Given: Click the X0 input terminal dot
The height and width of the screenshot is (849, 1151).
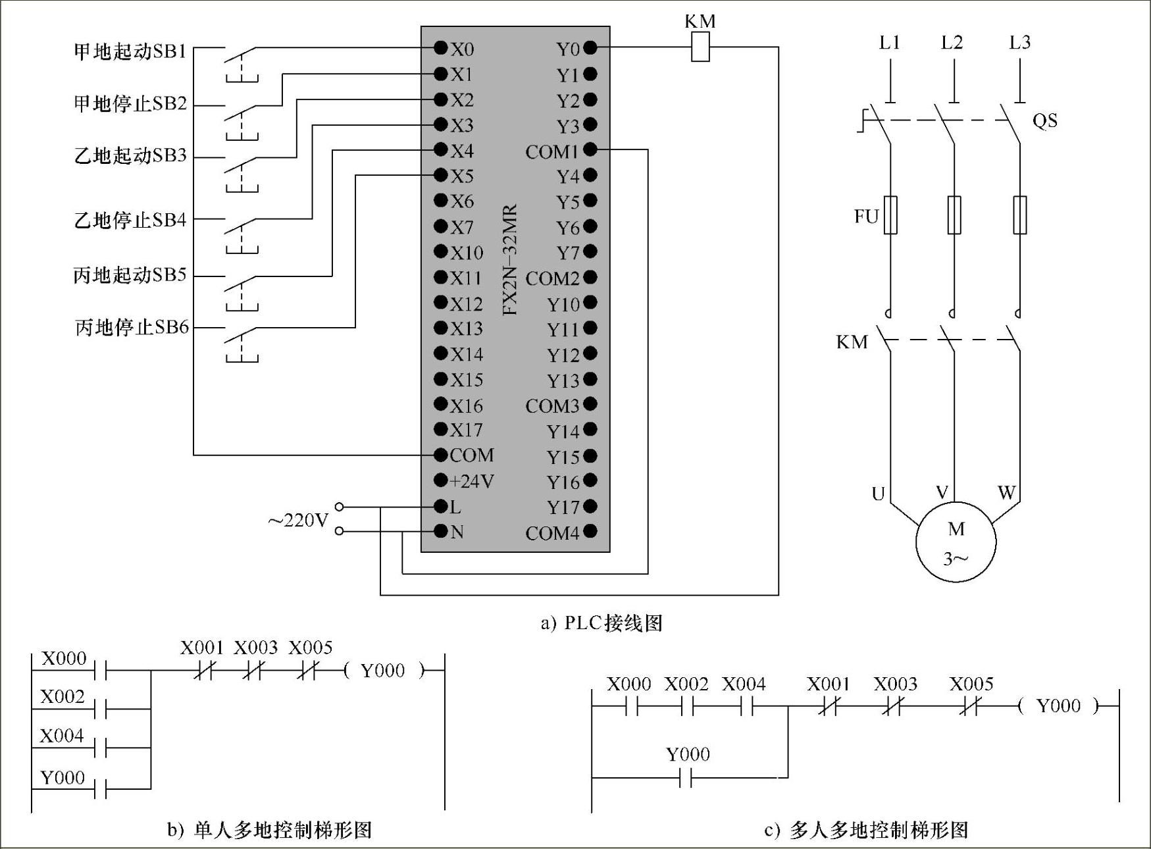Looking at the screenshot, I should pyautogui.click(x=441, y=47).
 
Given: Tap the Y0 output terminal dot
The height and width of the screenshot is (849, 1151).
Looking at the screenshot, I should pyautogui.click(x=590, y=47).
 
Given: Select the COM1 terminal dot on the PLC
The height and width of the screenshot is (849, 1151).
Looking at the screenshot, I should pyautogui.click(x=590, y=150).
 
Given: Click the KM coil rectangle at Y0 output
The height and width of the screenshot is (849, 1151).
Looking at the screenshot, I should pyautogui.click(x=700, y=47).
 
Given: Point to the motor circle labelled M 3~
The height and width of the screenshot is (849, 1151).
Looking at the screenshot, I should pyautogui.click(x=956, y=542).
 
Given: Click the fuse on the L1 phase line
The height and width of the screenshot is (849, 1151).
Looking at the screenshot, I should pyautogui.click(x=890, y=215).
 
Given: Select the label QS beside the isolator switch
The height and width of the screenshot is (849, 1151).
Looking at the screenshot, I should pyautogui.click(x=1044, y=120).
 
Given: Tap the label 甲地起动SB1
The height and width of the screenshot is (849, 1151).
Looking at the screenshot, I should pyautogui.click(x=130, y=51).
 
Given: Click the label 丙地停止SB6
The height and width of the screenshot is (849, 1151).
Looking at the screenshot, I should pyautogui.click(x=132, y=327).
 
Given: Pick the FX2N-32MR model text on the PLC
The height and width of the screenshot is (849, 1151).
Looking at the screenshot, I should pyautogui.click(x=511, y=260).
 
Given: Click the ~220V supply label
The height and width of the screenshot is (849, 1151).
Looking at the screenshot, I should pyautogui.click(x=298, y=521).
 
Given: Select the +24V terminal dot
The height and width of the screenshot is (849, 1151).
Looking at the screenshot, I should pyautogui.click(x=441, y=481).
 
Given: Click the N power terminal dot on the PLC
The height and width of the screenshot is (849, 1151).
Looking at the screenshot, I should pyautogui.click(x=441, y=531).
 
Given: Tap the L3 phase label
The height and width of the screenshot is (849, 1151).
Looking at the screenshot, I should pyautogui.click(x=1019, y=43).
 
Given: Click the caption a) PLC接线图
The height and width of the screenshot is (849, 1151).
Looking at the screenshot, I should pyautogui.click(x=601, y=623).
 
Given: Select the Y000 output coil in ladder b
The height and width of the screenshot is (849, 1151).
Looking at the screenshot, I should pyautogui.click(x=384, y=671).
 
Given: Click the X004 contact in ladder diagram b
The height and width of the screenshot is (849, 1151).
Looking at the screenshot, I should pyautogui.click(x=101, y=748).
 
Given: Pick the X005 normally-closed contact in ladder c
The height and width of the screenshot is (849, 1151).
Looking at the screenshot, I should pyautogui.click(x=971, y=707).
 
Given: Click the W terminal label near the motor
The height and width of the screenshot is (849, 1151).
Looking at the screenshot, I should pyautogui.click(x=1006, y=492).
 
